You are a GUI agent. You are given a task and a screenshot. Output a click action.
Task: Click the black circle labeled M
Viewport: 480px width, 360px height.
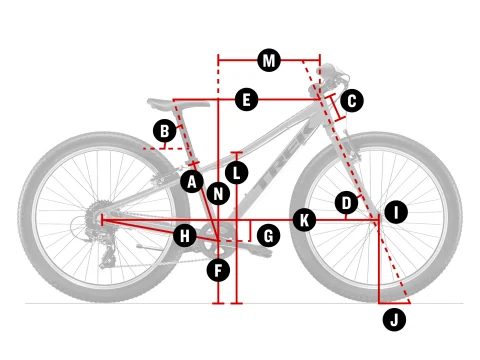tap(269, 61)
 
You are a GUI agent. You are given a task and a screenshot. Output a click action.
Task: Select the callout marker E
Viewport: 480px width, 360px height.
tap(246, 100)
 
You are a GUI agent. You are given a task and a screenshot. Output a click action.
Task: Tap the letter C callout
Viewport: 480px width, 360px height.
tap(352, 101)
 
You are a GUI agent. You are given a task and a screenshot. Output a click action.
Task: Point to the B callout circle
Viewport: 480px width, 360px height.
tap(165, 131)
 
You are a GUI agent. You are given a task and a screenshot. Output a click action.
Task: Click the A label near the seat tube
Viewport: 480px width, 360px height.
tap(192, 182)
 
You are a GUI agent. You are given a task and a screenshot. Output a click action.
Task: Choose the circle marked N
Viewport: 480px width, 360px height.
tap(218, 194)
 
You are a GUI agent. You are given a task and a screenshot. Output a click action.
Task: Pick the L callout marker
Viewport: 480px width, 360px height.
tap(236, 173)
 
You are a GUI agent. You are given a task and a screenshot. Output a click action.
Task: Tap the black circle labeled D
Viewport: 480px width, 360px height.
tap(346, 203)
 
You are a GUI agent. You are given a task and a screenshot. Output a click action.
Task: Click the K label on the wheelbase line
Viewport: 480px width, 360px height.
tap(304, 220)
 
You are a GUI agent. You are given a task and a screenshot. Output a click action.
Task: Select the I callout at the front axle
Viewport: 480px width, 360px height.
tap(396, 212)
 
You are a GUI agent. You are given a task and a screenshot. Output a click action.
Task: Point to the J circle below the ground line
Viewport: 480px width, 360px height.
tap(394, 320)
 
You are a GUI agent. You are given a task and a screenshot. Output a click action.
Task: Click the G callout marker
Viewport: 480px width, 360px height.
tap(268, 236)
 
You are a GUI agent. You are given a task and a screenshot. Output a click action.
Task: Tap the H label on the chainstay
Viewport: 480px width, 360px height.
tap(185, 236)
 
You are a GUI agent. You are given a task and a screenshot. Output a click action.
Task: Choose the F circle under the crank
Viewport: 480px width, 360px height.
tap(218, 270)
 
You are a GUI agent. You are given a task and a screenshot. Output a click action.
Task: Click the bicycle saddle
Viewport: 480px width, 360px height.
tap(178, 104)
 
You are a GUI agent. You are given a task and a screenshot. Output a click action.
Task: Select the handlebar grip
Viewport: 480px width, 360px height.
tap(329, 70)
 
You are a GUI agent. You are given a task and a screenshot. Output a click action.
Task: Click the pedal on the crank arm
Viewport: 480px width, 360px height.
tap(257, 251)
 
